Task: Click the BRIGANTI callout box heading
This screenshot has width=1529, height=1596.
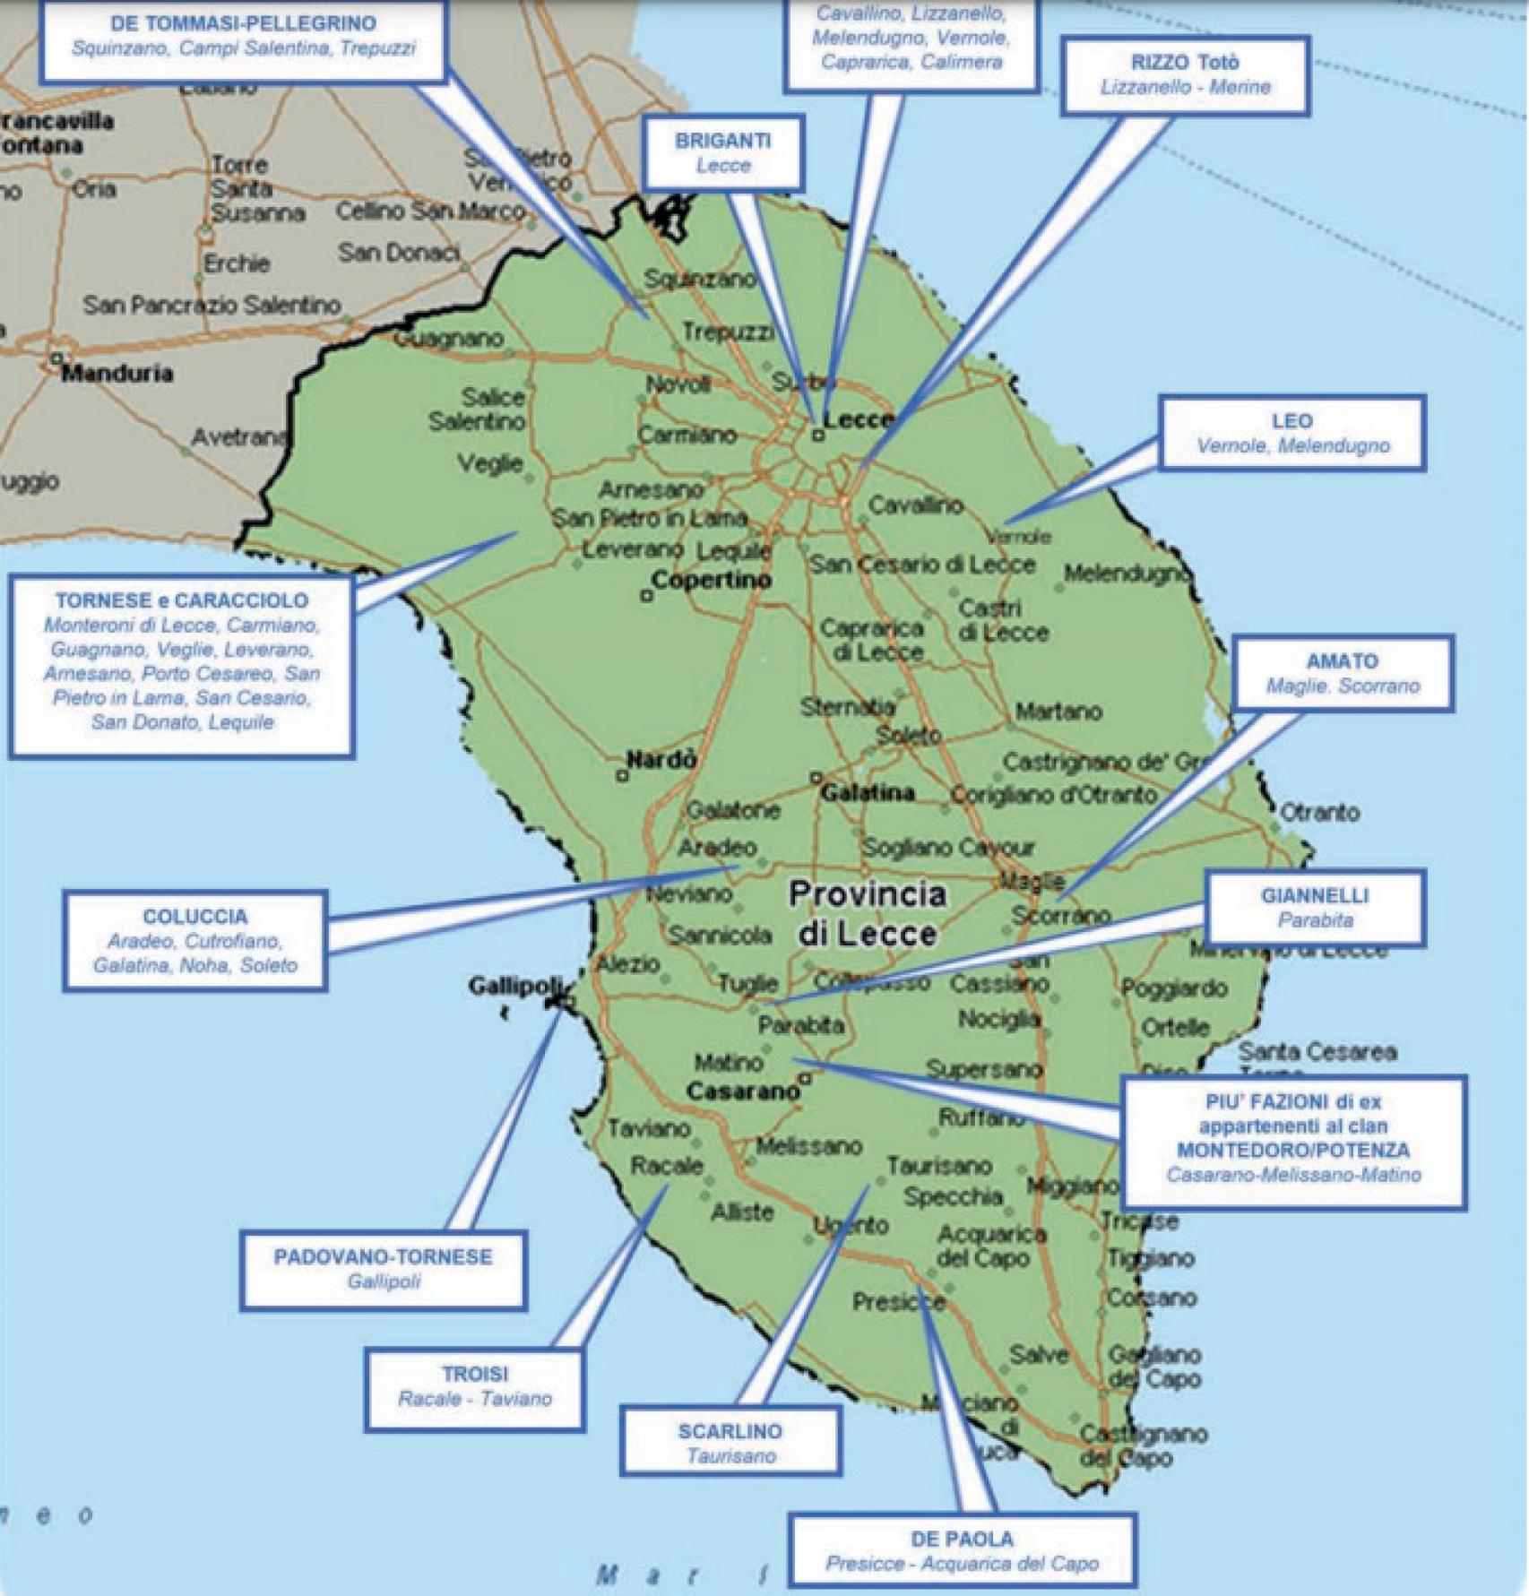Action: (722, 141)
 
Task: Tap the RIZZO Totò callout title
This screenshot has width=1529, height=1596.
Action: (1185, 63)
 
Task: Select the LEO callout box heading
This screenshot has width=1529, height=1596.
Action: (1291, 421)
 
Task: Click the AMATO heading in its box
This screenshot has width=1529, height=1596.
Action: (1342, 661)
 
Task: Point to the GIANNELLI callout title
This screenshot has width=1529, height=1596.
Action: (1315, 895)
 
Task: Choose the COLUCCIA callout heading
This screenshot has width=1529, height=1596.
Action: (194, 917)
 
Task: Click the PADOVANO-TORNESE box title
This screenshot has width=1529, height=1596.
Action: (383, 1256)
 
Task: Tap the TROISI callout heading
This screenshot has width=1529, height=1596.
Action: (474, 1374)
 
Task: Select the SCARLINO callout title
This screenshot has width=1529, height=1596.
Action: (730, 1431)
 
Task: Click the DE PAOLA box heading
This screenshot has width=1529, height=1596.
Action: (962, 1539)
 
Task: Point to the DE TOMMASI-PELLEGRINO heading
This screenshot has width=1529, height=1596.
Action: (243, 23)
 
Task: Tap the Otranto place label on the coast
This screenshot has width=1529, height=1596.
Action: (1319, 813)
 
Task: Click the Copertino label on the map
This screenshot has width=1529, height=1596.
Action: (712, 580)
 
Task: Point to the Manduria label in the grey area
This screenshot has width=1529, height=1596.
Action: (117, 373)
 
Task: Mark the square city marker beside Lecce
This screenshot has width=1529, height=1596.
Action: (817, 436)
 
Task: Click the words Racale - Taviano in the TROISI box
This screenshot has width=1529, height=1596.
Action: (474, 1399)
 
